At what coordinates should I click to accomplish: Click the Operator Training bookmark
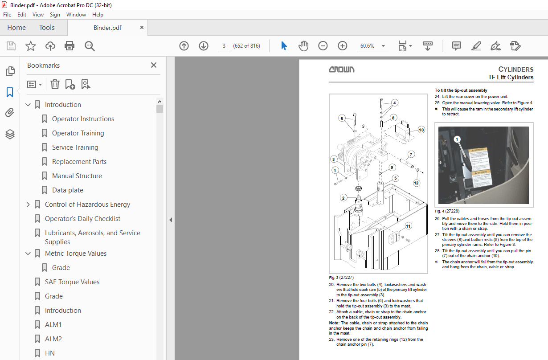click(78, 133)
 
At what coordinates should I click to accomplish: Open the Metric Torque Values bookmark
click(75, 254)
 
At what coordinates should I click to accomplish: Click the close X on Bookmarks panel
click(154, 65)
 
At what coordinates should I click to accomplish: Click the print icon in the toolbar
click(70, 46)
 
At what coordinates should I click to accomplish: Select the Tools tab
click(47, 28)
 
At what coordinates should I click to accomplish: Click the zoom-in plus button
click(342, 46)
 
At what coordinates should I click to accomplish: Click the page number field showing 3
click(224, 46)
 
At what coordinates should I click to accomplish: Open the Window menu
click(76, 15)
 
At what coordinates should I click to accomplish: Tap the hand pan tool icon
click(303, 46)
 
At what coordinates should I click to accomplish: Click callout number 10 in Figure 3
click(421, 130)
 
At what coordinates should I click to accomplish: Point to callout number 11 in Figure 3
click(408, 226)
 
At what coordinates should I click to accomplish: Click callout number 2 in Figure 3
click(343, 197)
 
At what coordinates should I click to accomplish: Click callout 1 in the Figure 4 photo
click(456, 139)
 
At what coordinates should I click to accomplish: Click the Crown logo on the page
click(342, 70)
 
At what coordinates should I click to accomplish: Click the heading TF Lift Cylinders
click(511, 77)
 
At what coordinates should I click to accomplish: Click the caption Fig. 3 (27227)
click(341, 278)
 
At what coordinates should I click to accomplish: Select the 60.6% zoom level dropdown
click(372, 46)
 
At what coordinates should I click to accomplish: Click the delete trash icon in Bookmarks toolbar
click(55, 84)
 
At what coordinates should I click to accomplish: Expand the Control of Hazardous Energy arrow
click(29, 205)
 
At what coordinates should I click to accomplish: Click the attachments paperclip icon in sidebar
click(10, 113)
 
